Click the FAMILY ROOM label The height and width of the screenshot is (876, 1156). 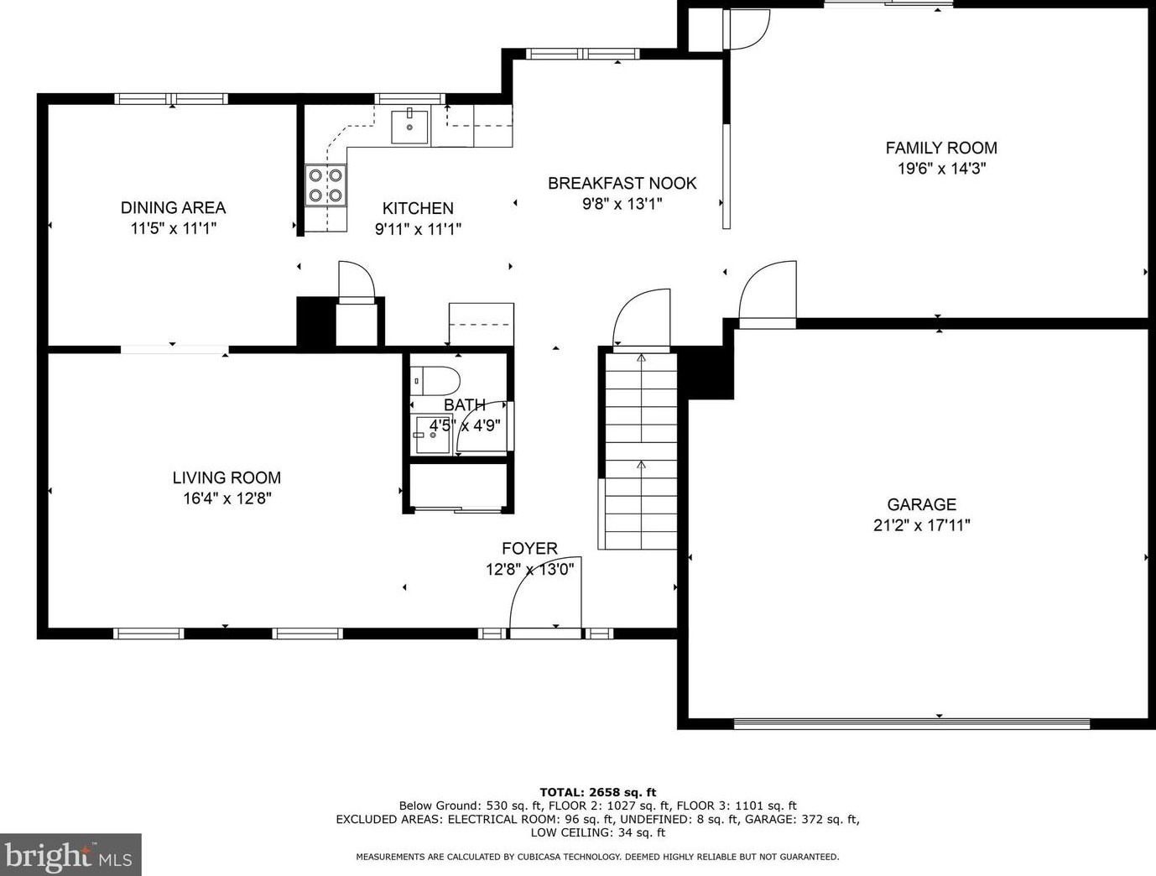point(941,148)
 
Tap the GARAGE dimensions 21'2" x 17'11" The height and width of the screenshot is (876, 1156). point(922,526)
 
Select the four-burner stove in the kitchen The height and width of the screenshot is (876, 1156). point(325,185)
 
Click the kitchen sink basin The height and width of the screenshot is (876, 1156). point(409,127)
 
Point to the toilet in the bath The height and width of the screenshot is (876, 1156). point(435,381)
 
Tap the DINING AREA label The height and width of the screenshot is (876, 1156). point(174,207)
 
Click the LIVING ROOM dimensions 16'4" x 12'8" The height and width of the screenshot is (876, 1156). point(227,498)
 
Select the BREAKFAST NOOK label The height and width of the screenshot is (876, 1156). point(622,183)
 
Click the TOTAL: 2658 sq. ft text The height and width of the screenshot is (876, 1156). point(598,792)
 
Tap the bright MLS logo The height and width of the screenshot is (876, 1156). point(70,855)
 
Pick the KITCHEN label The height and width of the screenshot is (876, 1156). point(418,209)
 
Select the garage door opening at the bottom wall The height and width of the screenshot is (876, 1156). point(912,723)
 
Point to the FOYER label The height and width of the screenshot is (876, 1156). point(529,549)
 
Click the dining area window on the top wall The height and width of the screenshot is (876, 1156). point(171,98)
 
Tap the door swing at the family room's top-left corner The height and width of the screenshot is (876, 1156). point(747,29)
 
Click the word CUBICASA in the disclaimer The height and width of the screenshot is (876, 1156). point(539,857)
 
